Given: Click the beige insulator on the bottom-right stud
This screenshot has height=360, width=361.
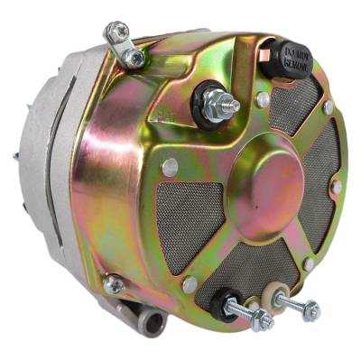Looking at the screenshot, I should point(269,295).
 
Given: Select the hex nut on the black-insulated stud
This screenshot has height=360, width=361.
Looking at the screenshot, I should point(263,318).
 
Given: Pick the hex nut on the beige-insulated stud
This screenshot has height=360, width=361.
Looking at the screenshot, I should point(310,311).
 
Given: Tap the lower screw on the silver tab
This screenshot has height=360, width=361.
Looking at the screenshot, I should point(135,58).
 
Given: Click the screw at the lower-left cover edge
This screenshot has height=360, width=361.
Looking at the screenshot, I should point(114,286).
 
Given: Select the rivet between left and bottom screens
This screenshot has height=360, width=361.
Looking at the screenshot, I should point(190,283).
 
